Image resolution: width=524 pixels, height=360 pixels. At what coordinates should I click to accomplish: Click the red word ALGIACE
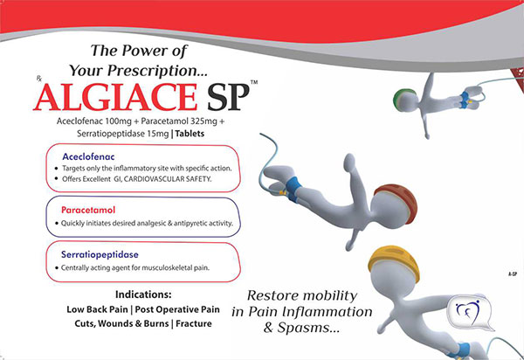point(115,97)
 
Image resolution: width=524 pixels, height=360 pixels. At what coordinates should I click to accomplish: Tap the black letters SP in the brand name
point(228,97)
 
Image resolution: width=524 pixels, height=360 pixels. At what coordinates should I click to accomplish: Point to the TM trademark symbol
point(254,82)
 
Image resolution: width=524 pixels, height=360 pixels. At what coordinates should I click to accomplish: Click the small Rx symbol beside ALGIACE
point(38,79)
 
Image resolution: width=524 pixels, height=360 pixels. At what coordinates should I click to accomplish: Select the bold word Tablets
point(190,134)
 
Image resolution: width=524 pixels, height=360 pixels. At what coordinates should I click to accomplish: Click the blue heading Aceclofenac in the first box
point(88,156)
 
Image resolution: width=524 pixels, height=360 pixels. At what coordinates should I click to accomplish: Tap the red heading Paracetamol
point(88,210)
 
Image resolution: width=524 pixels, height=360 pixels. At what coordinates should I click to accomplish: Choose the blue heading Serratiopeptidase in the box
point(100,254)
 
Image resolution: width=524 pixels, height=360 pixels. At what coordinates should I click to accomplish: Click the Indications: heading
point(143,294)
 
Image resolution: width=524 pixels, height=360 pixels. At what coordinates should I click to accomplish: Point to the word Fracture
point(194,323)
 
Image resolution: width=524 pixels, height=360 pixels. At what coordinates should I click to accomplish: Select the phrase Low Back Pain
point(97,309)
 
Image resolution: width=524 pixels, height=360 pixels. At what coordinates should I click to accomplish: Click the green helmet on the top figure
point(403,93)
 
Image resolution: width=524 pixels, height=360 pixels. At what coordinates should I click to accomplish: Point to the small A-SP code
point(513,273)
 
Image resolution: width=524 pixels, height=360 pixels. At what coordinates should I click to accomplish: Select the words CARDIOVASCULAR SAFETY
point(168,179)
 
